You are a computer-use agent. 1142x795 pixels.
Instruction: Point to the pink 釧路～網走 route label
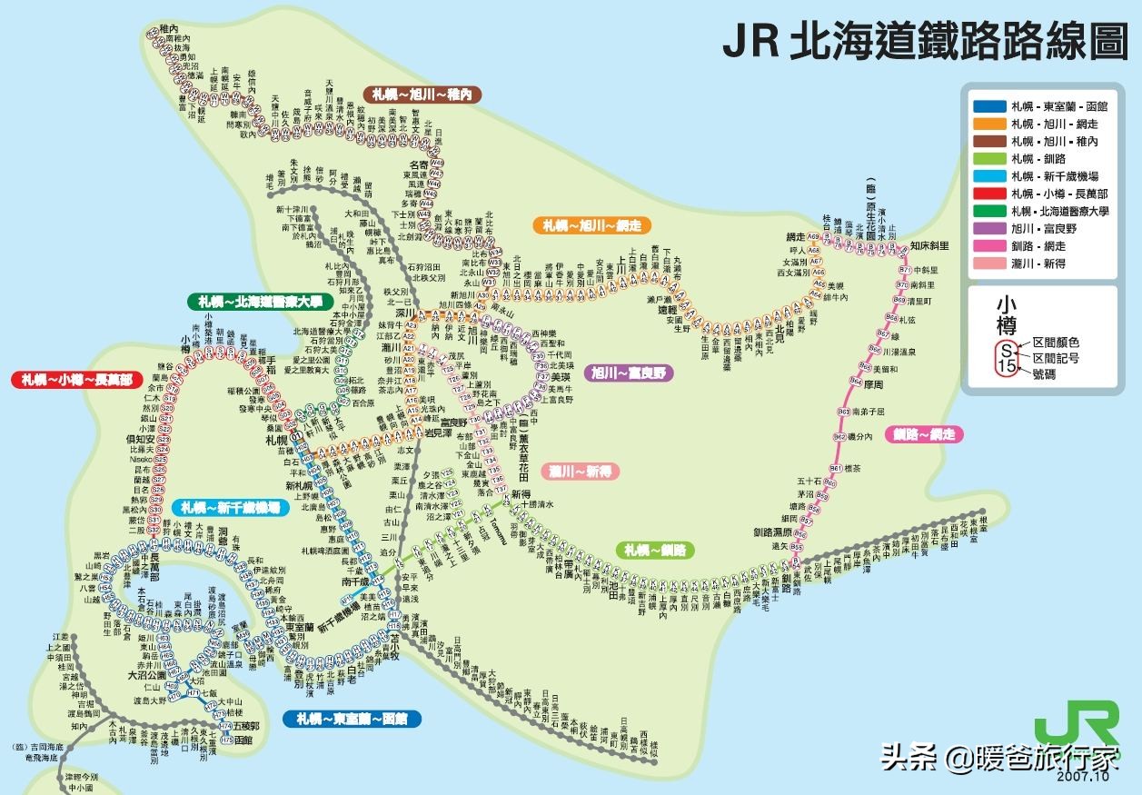[925, 434]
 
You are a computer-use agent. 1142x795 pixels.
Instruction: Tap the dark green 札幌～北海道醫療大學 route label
[256, 302]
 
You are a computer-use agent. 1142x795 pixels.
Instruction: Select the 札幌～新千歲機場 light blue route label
[231, 507]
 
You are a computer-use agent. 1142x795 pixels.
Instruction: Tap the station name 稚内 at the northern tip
[169, 30]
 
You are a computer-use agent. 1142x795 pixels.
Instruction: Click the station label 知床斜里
[928, 246]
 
